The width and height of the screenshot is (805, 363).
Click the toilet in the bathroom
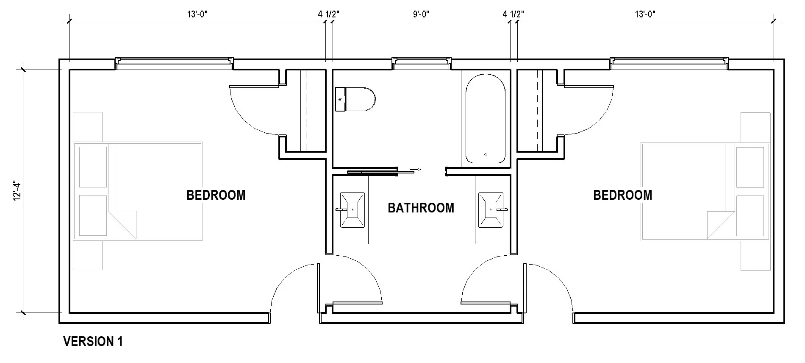(355, 99)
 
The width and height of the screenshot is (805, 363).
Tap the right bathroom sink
(490, 209)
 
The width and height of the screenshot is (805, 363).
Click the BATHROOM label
(421, 208)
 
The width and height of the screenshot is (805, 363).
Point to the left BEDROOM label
(216, 195)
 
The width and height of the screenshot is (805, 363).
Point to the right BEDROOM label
(622, 195)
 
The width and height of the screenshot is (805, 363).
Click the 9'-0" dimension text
(421, 14)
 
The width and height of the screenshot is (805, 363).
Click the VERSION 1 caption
(93, 341)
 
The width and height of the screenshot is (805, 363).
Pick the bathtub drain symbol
(486, 155)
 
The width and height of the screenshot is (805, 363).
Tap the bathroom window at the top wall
(421, 62)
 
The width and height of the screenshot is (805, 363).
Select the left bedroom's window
(174, 62)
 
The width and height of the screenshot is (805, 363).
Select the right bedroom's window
(669, 62)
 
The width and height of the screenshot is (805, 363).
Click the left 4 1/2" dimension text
(329, 14)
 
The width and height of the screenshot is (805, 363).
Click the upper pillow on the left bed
(93, 167)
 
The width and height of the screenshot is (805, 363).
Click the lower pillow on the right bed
(749, 215)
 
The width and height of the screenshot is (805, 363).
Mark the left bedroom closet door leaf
(254, 87)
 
